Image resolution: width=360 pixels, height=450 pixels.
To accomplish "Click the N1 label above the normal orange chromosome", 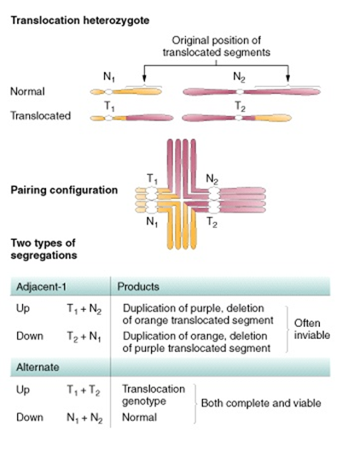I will pyautogui.click(x=109, y=75).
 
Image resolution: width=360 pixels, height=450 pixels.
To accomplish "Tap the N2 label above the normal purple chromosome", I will pyautogui.click(x=240, y=75).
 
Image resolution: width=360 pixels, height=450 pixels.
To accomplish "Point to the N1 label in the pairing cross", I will pyautogui.click(x=154, y=220).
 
